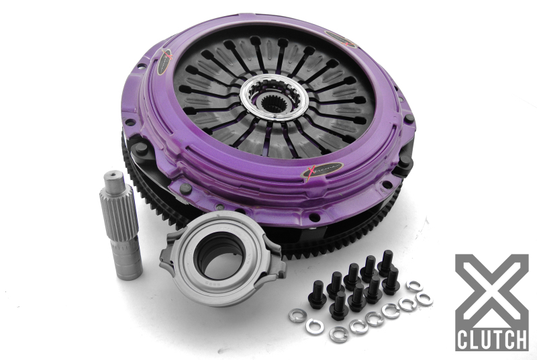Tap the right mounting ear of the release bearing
274,265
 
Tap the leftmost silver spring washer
296,315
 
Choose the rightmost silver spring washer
424,299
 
